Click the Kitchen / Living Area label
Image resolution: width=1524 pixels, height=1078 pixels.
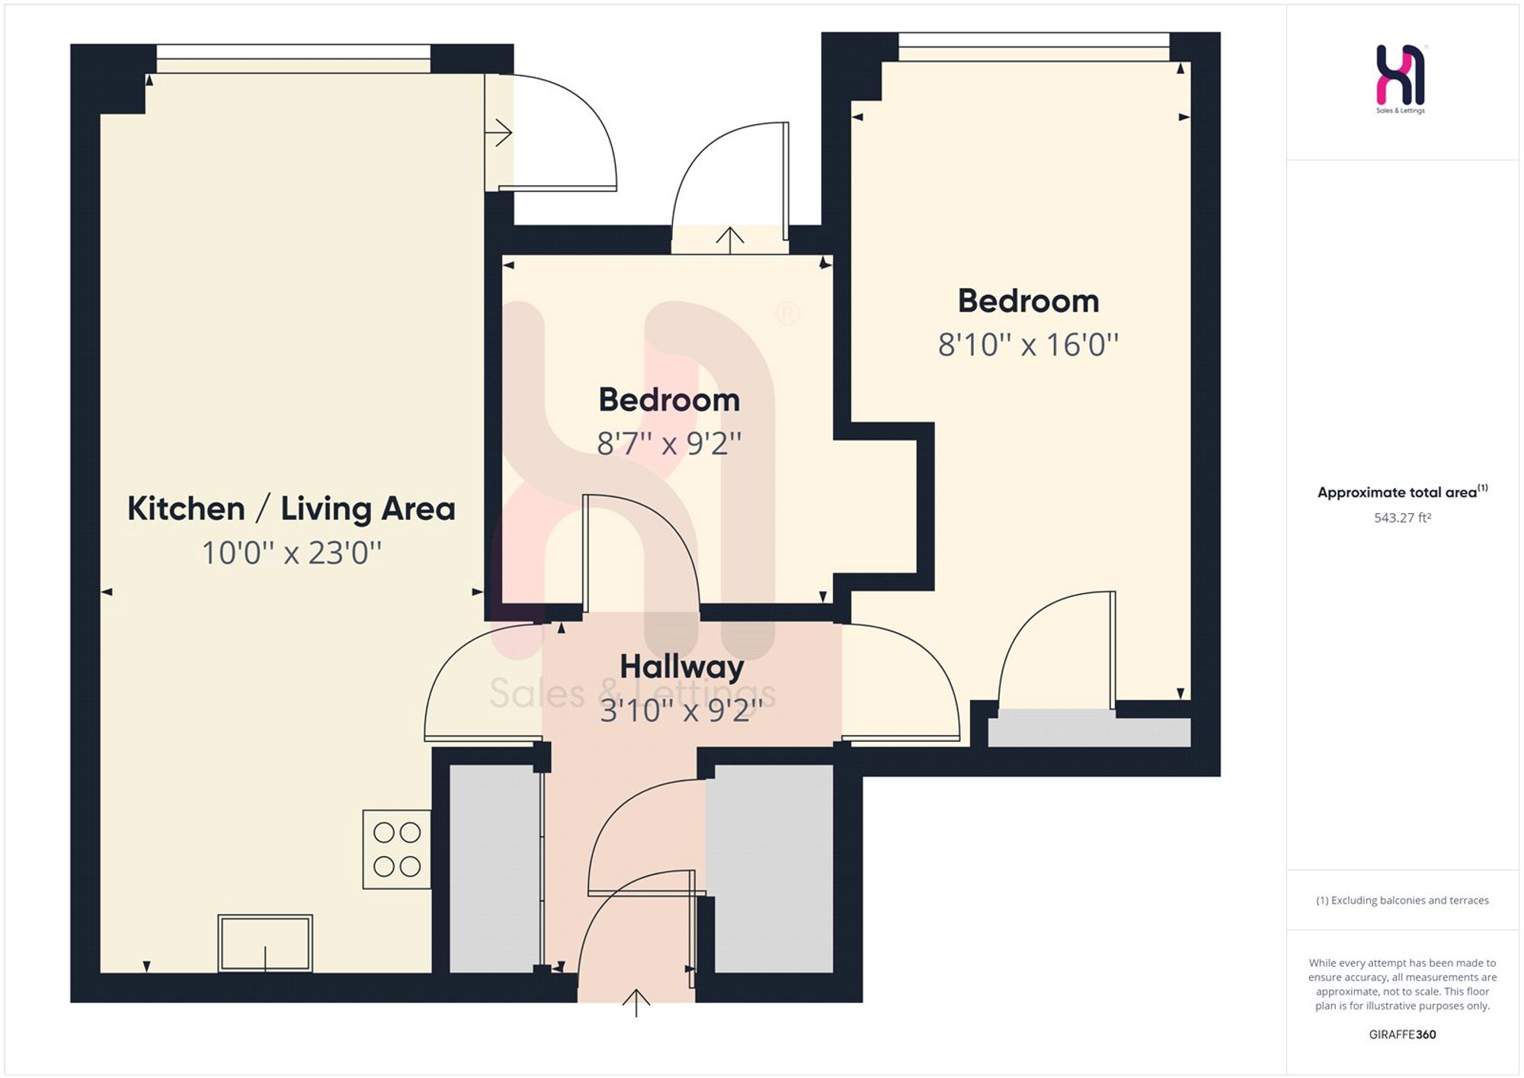[291, 509]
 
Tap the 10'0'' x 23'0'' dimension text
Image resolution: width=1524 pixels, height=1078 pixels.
[291, 553]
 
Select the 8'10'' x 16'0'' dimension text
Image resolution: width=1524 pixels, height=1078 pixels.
[1028, 345]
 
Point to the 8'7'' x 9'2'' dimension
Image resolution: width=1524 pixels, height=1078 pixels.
[669, 443]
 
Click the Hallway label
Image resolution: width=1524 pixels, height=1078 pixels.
[681, 668]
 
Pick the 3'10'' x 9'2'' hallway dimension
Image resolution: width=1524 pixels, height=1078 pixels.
[681, 711]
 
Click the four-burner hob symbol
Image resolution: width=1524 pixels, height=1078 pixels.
[397, 849]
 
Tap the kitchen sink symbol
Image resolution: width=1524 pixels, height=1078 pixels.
[265, 943]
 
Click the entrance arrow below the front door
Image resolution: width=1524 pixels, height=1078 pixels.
[636, 1003]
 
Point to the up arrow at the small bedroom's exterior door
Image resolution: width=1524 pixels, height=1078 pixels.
[730, 240]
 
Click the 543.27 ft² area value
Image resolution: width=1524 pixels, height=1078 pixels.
[1402, 518]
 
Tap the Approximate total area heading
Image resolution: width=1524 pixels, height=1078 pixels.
[1402, 492]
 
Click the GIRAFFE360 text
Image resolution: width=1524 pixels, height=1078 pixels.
[1402, 1035]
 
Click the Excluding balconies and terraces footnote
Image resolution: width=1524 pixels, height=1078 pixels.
[1402, 900]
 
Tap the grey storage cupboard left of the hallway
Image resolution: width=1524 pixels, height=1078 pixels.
[495, 868]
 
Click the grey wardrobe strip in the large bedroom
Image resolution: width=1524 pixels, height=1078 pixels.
[1089, 729]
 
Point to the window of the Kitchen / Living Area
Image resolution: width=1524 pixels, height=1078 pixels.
[293, 59]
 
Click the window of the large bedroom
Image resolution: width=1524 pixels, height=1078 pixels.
[1034, 47]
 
